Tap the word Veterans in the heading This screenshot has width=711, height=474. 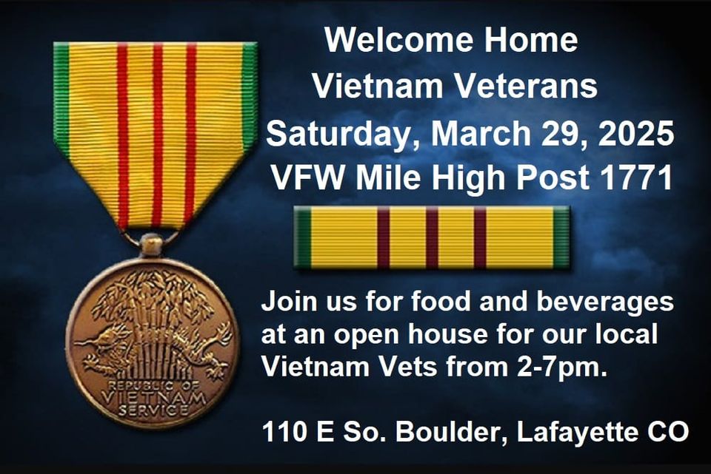click(527, 87)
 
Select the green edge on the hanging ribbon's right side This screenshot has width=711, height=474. click(249, 96)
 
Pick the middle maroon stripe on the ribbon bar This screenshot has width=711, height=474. click(432, 237)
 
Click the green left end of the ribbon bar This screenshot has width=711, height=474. click(302, 237)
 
